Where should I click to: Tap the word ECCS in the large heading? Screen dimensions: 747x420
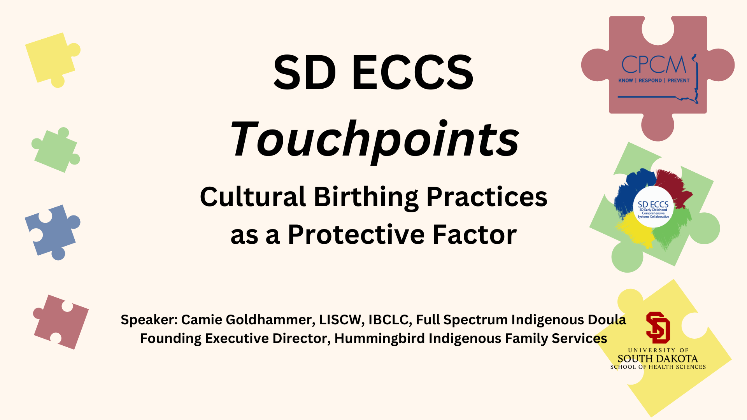tap(413, 72)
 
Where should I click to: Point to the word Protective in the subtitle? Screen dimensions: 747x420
tap(356, 234)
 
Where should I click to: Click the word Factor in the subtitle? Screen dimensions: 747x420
tap(475, 234)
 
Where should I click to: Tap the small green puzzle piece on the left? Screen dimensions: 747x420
tap(56, 150)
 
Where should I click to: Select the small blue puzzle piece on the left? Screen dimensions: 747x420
tap(53, 232)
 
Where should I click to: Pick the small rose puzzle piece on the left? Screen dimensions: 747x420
tap(61, 322)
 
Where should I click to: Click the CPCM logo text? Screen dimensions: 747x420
tap(654, 64)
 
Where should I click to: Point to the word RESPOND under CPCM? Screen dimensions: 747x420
tap(650, 80)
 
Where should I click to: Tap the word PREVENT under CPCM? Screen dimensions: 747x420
tap(679, 80)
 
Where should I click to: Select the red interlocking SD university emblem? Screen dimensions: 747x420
tap(658, 327)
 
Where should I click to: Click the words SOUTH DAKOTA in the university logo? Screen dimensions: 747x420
tap(658, 359)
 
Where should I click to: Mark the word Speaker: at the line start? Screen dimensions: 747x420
tap(149, 320)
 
